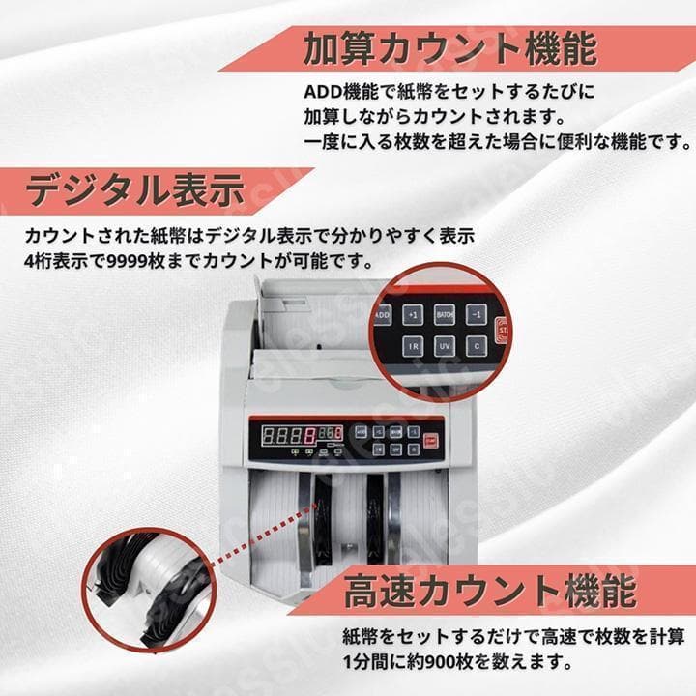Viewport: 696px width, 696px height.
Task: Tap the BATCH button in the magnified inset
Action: pyautogui.click(x=446, y=314)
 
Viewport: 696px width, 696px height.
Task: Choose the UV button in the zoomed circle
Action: pyautogui.click(x=446, y=346)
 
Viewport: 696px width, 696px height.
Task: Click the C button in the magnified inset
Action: pyautogui.click(x=477, y=346)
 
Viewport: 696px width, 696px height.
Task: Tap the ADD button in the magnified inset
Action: pyautogui.click(x=381, y=315)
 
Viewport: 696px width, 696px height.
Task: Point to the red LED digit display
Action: pyautogui.click(x=290, y=434)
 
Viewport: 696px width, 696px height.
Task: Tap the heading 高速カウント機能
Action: pyautogui.click(x=489, y=589)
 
